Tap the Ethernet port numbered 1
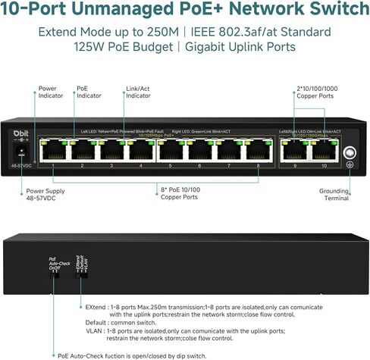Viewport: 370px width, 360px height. (x=52, y=149)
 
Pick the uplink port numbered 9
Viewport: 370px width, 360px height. (x=295, y=149)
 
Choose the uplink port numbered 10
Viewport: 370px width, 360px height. (x=324, y=149)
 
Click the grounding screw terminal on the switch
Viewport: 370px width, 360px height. (x=350, y=152)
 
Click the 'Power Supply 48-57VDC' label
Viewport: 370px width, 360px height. (x=48, y=196)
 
